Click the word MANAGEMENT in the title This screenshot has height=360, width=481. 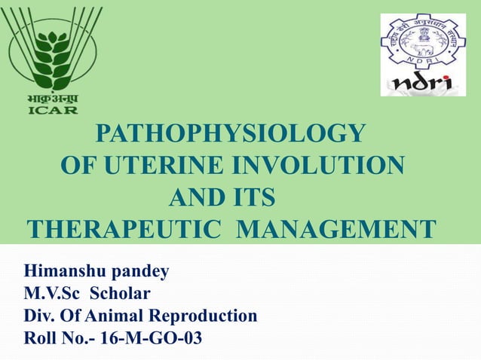click(336, 227)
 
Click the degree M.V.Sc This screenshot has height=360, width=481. click(51, 293)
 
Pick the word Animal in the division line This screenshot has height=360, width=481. click(116, 316)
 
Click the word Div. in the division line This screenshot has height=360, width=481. click(40, 316)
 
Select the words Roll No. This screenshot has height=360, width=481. click(53, 338)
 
